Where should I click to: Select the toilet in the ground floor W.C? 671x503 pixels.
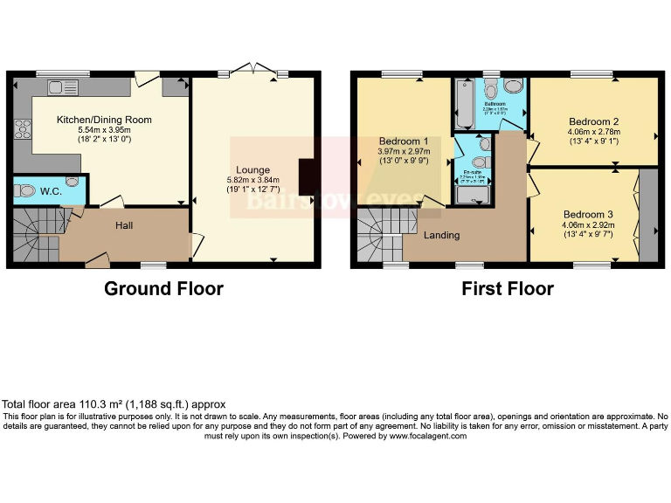[26, 190]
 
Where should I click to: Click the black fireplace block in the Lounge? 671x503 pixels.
[305, 176]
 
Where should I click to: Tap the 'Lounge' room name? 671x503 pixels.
[252, 169]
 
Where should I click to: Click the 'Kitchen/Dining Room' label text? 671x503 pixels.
[104, 120]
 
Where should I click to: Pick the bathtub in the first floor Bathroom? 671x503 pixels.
[461, 105]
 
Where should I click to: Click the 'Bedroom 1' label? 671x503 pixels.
[403, 141]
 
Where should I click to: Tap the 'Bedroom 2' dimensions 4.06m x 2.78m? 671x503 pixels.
[593, 134]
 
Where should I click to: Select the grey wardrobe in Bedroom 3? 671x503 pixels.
[648, 215]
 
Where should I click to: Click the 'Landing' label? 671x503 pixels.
[443, 235]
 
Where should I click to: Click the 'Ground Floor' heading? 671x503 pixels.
[163, 288]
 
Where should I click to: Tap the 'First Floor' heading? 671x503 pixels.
[508, 288]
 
